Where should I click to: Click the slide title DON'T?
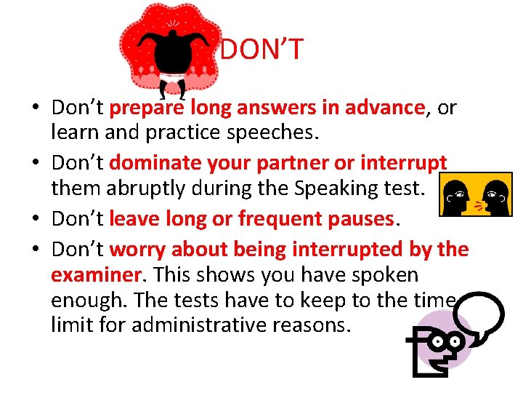click(x=261, y=50)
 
